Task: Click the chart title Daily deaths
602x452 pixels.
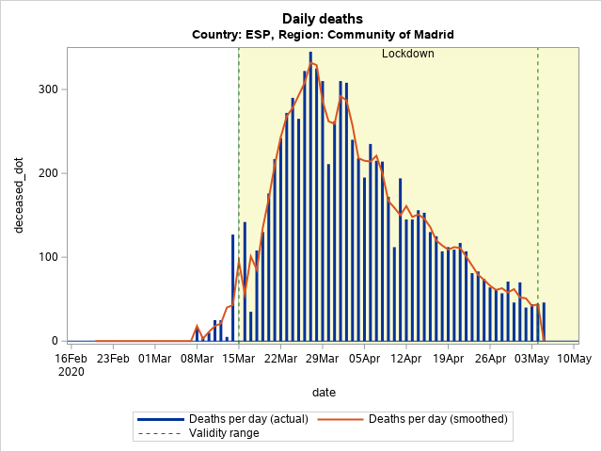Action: coord(323,19)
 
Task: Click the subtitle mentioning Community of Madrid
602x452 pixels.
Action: coord(323,35)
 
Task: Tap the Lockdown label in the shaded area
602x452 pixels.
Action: coord(407,54)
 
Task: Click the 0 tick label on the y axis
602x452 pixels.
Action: coord(55,341)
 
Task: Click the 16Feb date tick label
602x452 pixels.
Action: coord(71,358)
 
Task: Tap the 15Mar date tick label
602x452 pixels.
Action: coord(239,358)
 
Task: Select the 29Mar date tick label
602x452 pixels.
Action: coord(323,358)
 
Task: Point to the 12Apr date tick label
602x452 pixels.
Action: coord(406,358)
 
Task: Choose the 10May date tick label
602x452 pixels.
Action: coord(573,358)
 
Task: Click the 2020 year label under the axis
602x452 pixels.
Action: coord(71,372)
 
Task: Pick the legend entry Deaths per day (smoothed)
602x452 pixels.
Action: coord(437,419)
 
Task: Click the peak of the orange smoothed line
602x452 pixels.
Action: coord(312,63)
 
